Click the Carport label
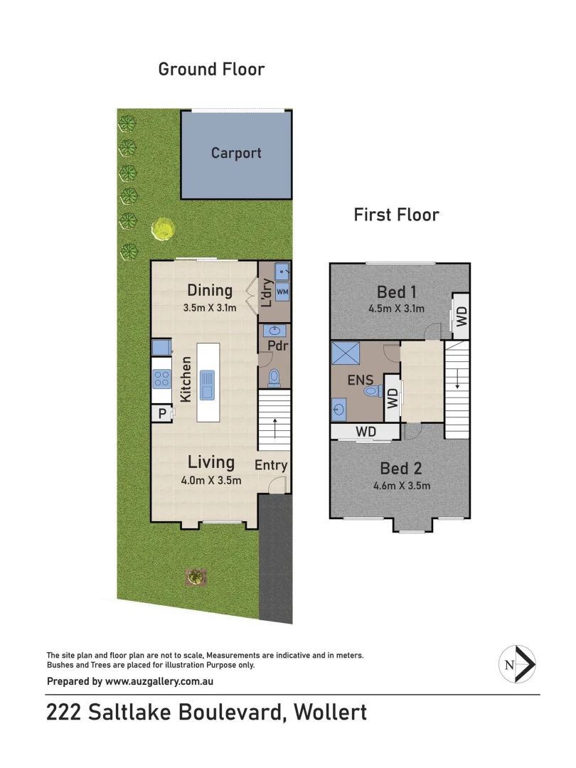236,153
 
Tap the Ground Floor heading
211,69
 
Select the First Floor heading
396,214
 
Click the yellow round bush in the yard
164,229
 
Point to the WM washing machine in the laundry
282,292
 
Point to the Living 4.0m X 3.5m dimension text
211,480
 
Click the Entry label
271,466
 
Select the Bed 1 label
397,292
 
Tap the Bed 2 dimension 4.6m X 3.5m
401,486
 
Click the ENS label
356,380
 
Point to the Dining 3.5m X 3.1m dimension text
210,309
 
